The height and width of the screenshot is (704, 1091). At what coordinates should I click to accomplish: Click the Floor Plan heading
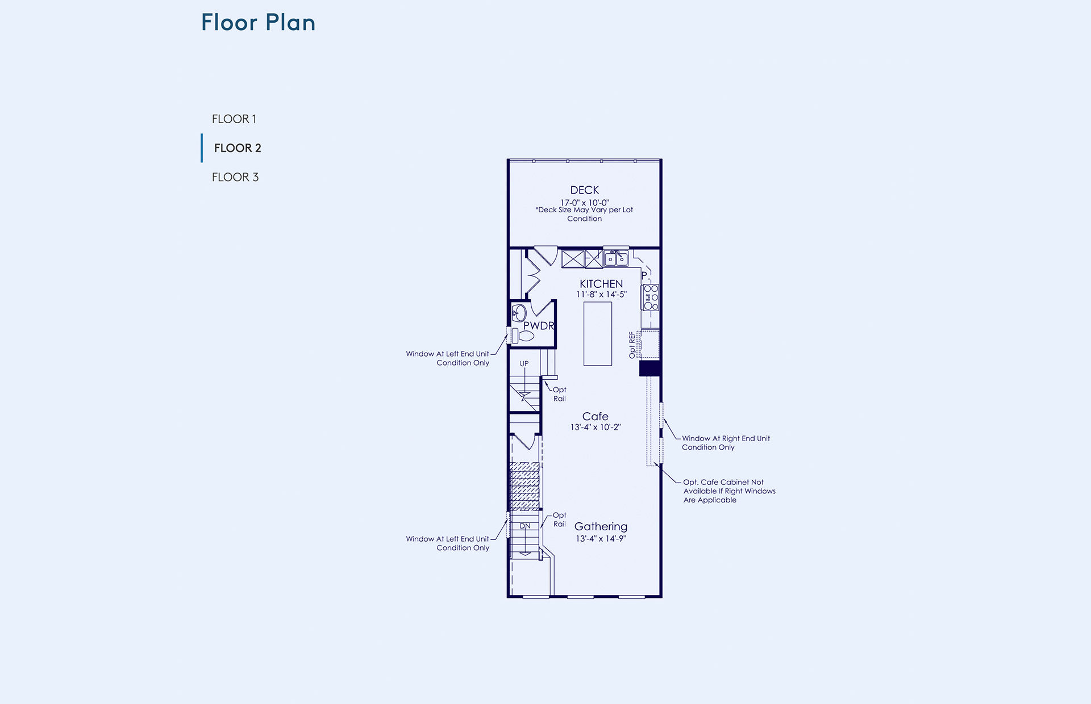click(x=259, y=23)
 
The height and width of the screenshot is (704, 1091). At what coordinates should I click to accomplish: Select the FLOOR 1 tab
click(x=234, y=119)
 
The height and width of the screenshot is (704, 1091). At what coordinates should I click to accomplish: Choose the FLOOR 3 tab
click(x=235, y=177)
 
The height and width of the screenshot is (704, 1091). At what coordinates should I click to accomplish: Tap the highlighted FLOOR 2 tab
click(x=238, y=148)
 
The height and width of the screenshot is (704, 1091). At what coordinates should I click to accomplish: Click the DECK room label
click(x=585, y=190)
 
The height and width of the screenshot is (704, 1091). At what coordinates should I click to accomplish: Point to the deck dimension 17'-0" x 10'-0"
click(x=585, y=203)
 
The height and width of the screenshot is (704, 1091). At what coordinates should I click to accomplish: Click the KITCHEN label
click(x=601, y=284)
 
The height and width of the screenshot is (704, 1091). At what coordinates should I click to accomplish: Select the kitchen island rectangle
click(x=598, y=334)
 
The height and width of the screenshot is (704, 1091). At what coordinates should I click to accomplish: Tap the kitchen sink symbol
click(x=616, y=258)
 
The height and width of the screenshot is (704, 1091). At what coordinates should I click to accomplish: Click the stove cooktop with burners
click(x=651, y=297)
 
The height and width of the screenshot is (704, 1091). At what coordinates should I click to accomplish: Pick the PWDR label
click(x=539, y=326)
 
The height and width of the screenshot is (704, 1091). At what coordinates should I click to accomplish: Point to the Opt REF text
click(x=632, y=345)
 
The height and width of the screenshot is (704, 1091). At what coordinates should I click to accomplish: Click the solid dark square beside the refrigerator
click(x=650, y=368)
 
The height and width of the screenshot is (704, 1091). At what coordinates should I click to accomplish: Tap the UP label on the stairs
click(x=524, y=363)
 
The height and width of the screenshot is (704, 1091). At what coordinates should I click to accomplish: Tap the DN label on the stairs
click(x=525, y=526)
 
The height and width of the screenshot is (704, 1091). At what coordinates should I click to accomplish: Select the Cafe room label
click(x=595, y=416)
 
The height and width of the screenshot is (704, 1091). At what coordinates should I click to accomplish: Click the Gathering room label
click(x=601, y=527)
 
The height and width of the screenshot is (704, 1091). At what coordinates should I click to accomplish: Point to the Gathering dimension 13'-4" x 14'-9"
click(x=601, y=539)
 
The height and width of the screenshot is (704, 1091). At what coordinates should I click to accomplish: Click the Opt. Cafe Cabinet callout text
click(x=729, y=491)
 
